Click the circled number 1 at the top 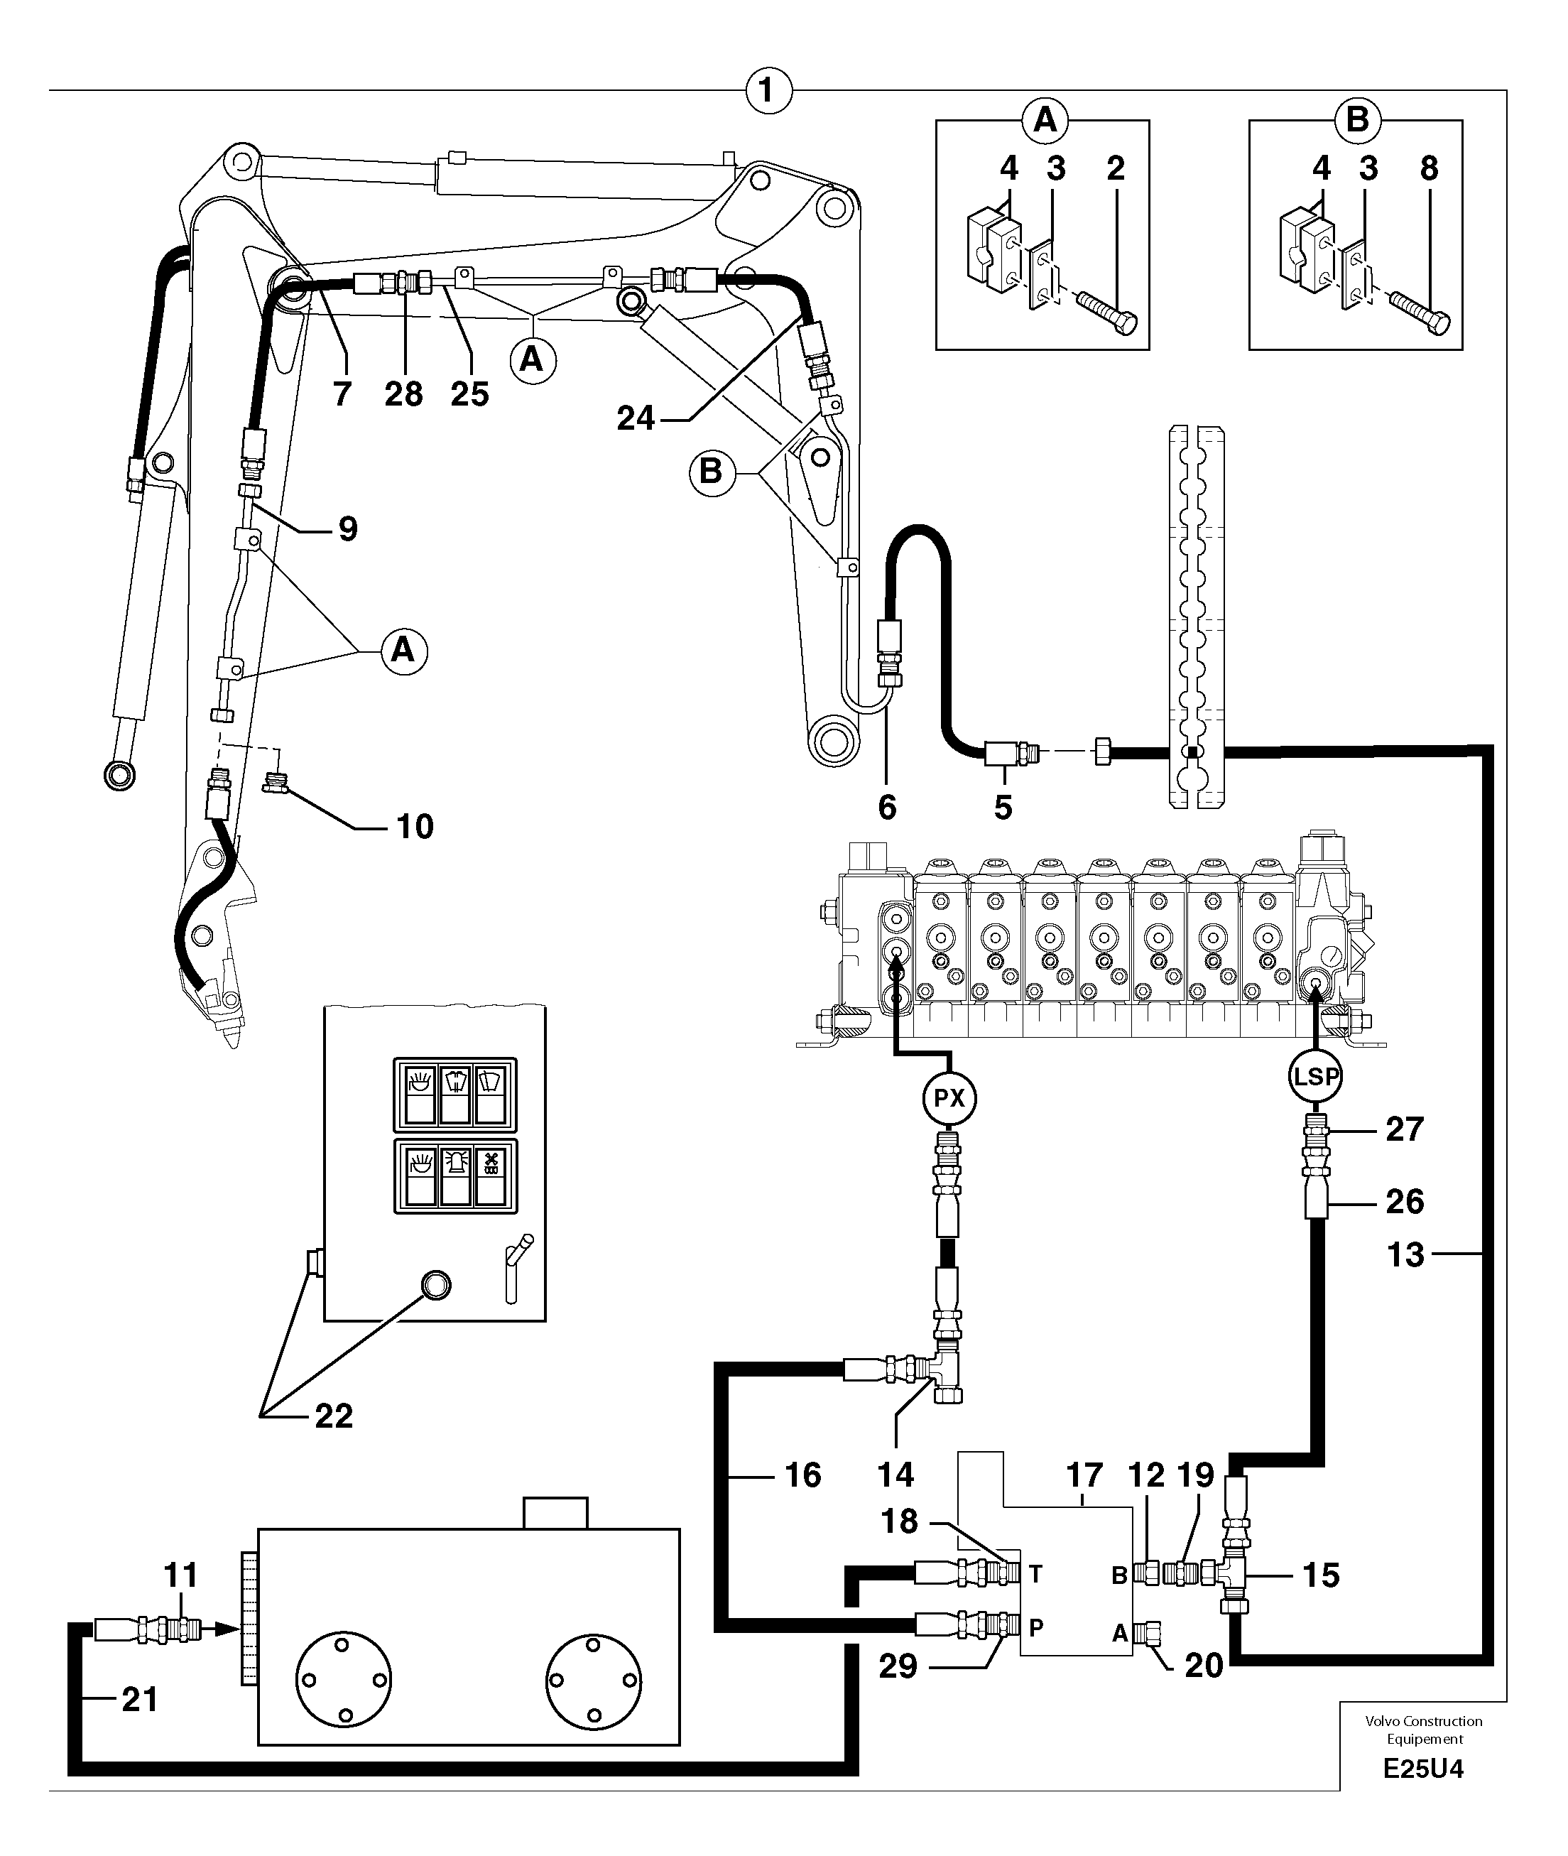tap(768, 92)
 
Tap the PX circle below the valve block tap(949, 1099)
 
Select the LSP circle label tap(1314, 1076)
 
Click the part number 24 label tap(636, 418)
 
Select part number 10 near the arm tap(414, 827)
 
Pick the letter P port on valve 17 tap(1035, 1629)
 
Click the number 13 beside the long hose tap(1405, 1255)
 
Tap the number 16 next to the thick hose tap(802, 1475)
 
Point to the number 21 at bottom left tap(140, 1700)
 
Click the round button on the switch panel tap(435, 1284)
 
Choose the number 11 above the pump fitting tap(180, 1575)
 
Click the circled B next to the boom tap(711, 471)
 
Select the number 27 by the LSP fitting tap(1405, 1130)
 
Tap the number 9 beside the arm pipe tap(349, 530)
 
